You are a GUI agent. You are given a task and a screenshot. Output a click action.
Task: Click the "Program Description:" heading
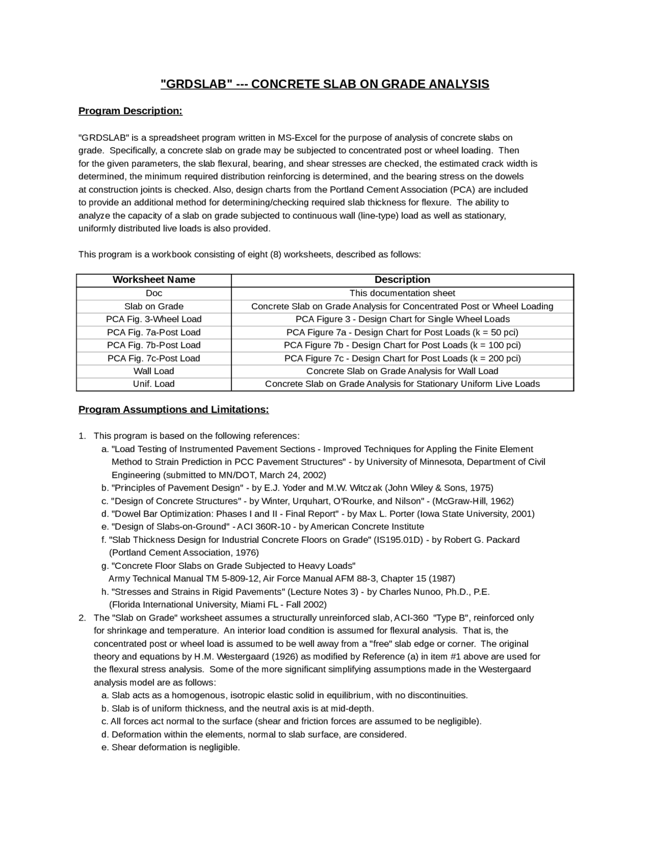130,111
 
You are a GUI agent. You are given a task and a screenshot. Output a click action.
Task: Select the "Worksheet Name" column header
154,280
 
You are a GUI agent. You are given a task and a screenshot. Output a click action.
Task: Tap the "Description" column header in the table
402,280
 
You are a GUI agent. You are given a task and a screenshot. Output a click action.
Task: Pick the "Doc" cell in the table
154,294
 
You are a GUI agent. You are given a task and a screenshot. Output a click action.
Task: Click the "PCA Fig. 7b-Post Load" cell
154,345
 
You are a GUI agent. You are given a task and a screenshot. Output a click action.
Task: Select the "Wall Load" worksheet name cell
154,371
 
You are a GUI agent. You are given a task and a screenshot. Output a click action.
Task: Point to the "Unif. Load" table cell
154,384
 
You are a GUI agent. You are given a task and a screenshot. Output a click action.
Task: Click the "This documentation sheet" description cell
402,294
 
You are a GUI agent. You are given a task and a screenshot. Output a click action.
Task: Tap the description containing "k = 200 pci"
402,359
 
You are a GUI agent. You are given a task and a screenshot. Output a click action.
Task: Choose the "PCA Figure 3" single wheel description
402,319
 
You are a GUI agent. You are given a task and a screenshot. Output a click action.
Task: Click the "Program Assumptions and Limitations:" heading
174,410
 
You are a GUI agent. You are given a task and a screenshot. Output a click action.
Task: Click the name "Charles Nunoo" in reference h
408,592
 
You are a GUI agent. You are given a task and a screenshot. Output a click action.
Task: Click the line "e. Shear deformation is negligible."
171,748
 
